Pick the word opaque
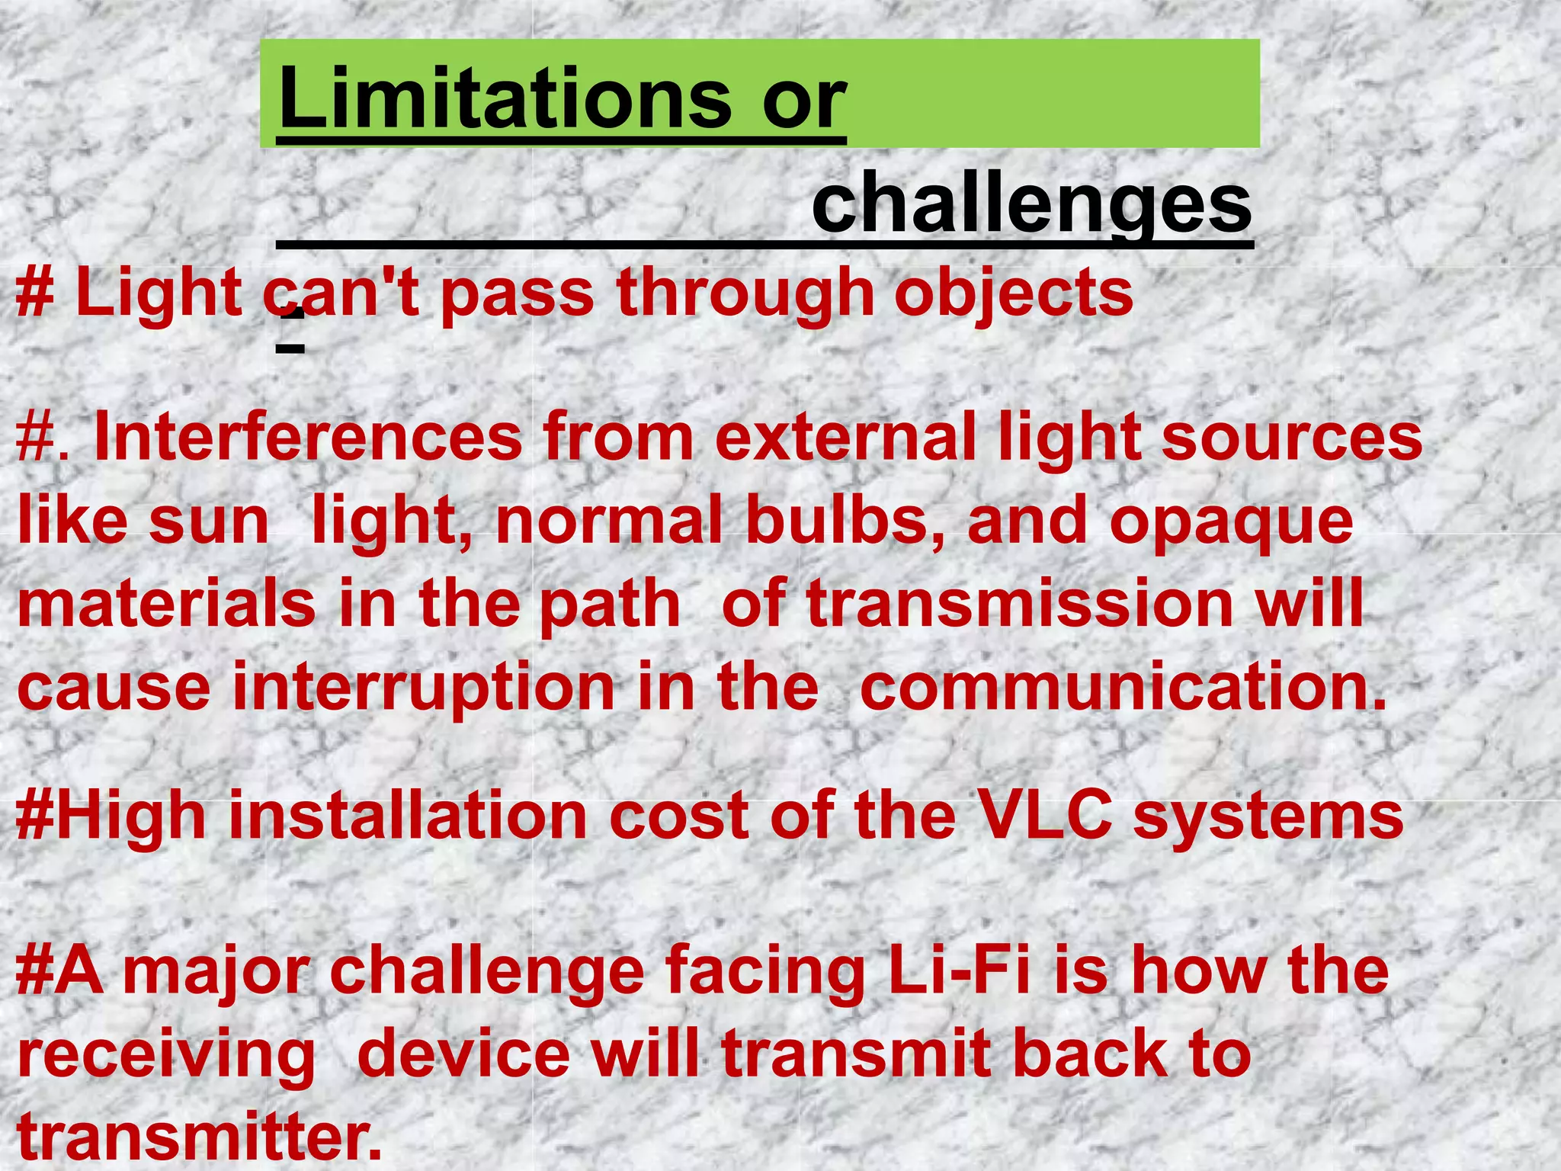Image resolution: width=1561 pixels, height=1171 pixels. pyautogui.click(x=1231, y=521)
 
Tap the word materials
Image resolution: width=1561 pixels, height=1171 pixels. pyautogui.click(x=166, y=604)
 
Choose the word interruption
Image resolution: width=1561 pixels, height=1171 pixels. pyautogui.click(x=423, y=687)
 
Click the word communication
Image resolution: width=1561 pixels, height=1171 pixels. pyautogui.click(x=1123, y=687)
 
